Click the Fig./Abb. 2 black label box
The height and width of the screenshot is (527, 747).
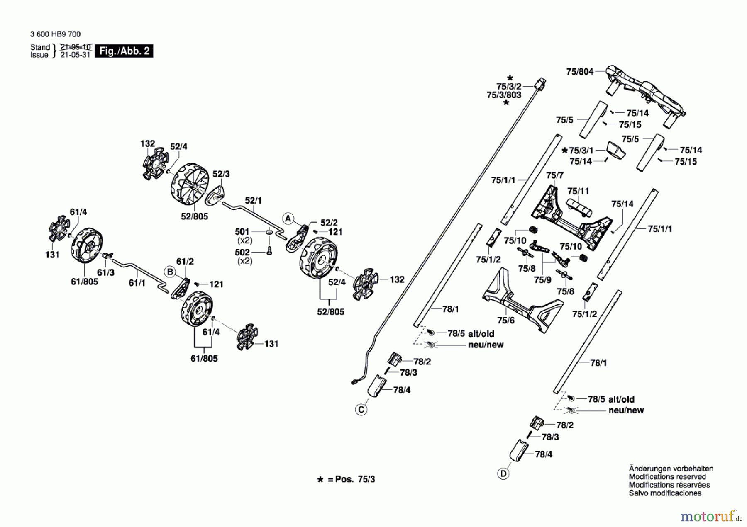coord(124,51)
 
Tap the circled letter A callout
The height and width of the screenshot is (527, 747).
coord(288,219)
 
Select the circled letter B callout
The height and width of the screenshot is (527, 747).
coord(170,272)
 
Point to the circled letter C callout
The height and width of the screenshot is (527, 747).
coord(361,410)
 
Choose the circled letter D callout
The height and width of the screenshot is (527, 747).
coord(503,474)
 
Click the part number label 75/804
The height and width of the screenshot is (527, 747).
coord(580,72)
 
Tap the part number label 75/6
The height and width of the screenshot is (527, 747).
coord(505,320)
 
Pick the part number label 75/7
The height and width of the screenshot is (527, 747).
coord(555,175)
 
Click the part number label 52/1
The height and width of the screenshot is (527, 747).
coord(253,201)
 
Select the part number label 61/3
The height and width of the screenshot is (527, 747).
coord(105,272)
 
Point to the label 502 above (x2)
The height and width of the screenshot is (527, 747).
coord(242,252)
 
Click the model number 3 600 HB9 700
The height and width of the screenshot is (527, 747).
coord(56,34)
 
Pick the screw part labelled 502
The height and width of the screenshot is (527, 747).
coord(269,250)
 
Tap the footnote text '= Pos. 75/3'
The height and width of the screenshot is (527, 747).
coord(351,479)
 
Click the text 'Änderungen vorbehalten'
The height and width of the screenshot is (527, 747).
coord(671,469)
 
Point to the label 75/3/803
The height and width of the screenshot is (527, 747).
coord(504,95)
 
